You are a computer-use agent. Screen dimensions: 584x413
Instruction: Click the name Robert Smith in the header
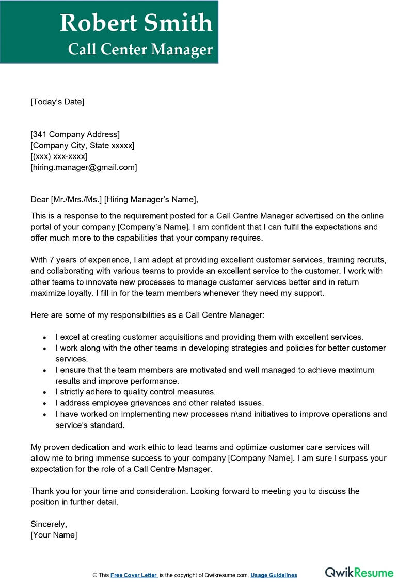tap(136, 23)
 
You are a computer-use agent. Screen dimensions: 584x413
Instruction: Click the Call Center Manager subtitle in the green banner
tap(140, 49)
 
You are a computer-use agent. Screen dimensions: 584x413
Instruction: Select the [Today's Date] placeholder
tap(57, 102)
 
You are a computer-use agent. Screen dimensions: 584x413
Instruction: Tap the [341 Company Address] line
tap(75, 135)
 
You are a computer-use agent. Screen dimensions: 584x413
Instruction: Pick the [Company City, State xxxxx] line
tap(83, 146)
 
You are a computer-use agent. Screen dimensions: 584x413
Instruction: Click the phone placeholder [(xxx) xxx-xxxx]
tap(59, 156)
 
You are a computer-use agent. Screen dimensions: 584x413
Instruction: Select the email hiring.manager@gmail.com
tap(84, 167)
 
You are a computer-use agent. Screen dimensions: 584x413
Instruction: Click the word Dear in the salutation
tap(39, 200)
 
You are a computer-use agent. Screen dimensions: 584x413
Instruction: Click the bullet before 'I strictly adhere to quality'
tap(45, 392)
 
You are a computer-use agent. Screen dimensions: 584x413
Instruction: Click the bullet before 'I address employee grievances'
tap(45, 403)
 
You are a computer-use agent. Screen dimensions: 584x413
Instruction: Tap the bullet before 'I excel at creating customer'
tap(45, 337)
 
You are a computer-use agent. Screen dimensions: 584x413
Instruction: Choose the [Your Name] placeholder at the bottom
tap(54, 535)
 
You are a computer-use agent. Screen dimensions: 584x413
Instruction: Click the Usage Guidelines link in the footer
tap(274, 575)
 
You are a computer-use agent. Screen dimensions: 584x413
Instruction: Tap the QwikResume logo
tap(359, 573)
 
